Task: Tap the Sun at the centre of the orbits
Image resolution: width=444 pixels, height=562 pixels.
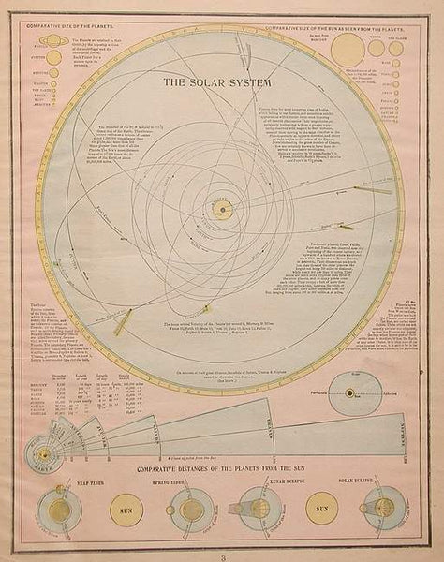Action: click(x=225, y=212)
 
